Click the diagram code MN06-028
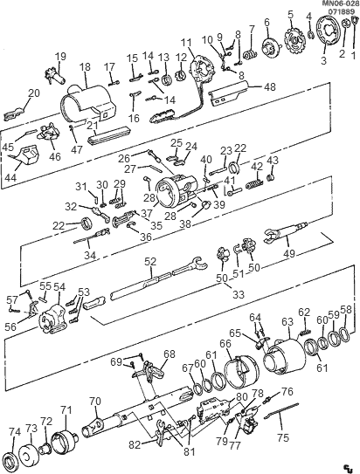pos(336,4)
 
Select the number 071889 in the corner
pos(341,13)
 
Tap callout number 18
pos(85,66)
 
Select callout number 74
pos(14,431)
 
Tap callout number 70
pos(94,402)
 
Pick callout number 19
pos(61,57)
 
